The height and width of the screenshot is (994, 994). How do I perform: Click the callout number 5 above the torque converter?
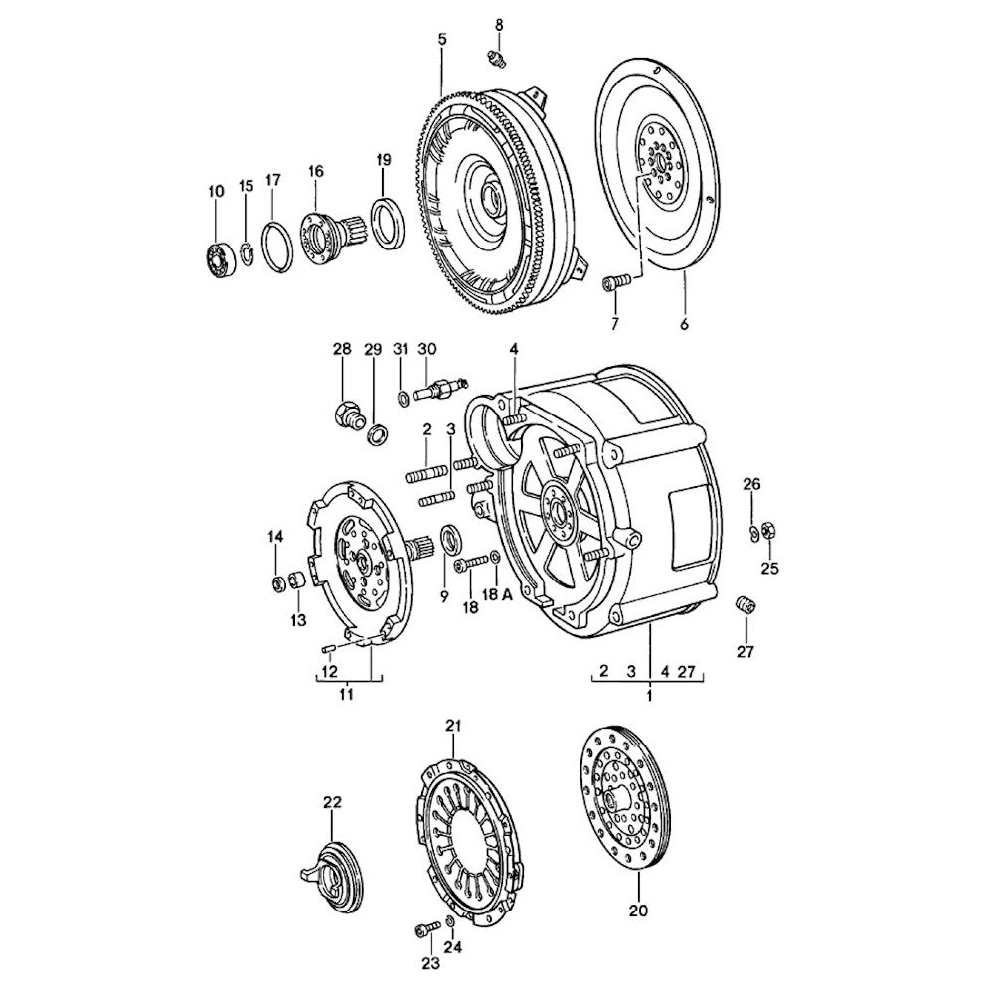tap(441, 39)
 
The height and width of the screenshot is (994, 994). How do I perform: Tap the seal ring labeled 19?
tap(387, 225)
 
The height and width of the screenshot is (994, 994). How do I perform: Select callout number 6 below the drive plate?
tap(685, 324)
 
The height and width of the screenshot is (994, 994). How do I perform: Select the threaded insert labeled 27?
tap(745, 604)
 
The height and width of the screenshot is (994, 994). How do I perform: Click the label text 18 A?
tap(497, 594)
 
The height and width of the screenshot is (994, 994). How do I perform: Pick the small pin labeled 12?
tap(328, 650)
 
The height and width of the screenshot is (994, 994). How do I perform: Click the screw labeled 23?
tap(424, 929)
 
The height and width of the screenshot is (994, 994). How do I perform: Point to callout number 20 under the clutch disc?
tap(637, 909)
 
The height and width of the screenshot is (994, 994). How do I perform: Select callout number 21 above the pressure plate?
tap(453, 727)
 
